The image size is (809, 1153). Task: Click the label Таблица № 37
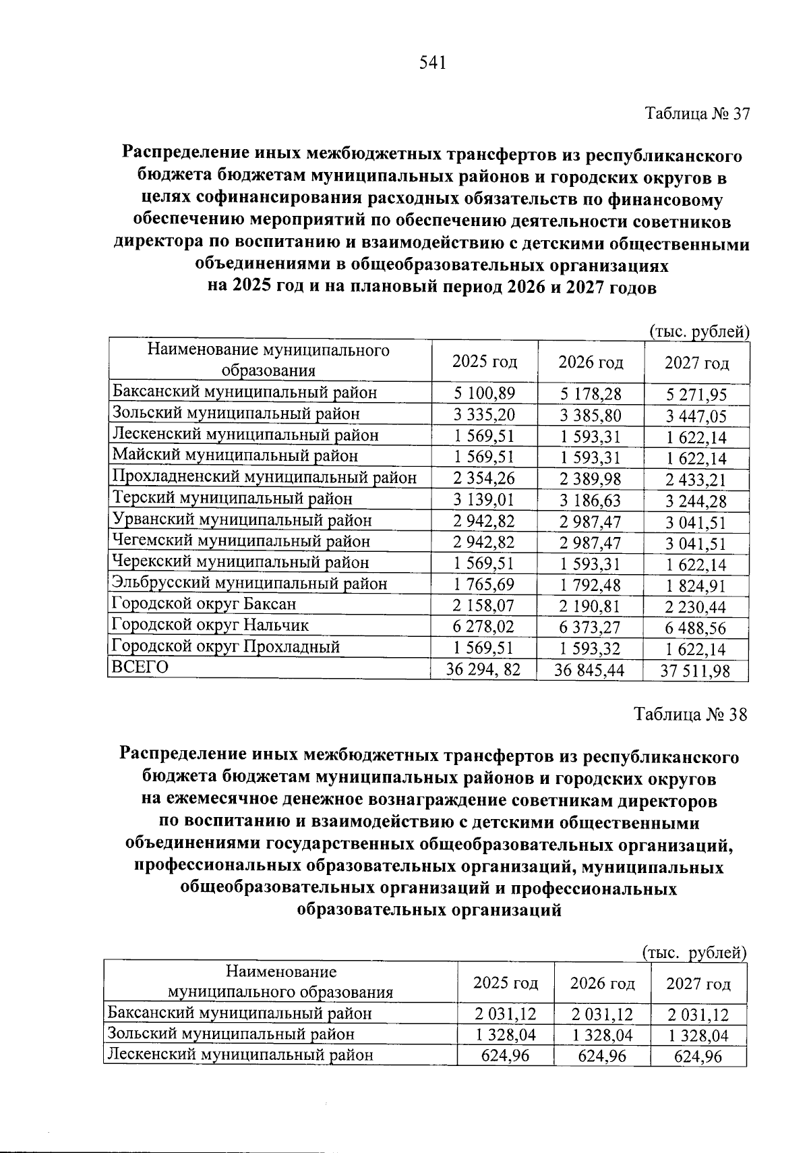coord(697,113)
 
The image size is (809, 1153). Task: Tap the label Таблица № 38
coord(690,714)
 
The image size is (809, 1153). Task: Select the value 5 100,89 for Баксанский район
coord(484,393)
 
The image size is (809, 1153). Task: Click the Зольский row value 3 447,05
coord(697,416)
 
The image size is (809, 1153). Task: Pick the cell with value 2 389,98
coord(591,479)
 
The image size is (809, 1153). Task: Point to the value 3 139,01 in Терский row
coord(484,500)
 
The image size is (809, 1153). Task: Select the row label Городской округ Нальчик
coord(210,625)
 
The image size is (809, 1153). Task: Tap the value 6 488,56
coord(697,628)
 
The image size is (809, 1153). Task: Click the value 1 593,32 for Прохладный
coord(591,649)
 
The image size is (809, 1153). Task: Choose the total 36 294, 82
coord(484,670)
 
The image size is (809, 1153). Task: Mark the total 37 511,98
coord(697,671)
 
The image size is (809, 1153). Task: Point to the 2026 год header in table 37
coord(591,362)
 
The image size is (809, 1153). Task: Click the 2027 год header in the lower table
coord(698,984)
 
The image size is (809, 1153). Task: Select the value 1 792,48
coord(591,585)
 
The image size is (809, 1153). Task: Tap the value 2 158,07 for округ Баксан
coord(484,605)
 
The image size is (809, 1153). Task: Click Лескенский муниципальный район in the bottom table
coord(241,1054)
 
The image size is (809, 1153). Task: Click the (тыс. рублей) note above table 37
coord(698,331)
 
